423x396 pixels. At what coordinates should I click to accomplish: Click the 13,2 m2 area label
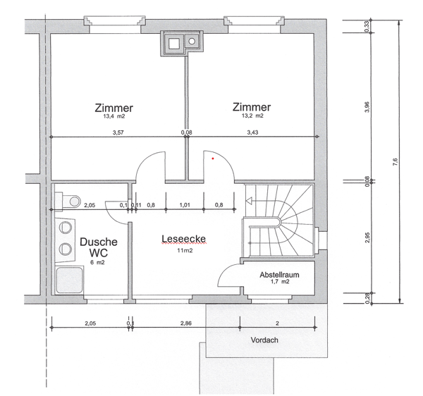coord(252,116)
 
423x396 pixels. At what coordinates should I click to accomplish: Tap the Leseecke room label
coord(183,240)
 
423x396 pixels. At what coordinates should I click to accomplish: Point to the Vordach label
coord(264,340)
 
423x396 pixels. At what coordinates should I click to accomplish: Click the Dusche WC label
coord(98,247)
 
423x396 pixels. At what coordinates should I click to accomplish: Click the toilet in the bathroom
coord(69,202)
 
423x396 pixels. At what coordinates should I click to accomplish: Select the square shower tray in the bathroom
coord(70,280)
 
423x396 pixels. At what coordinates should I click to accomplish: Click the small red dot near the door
coord(212,159)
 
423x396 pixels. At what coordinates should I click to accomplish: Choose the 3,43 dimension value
coord(252,132)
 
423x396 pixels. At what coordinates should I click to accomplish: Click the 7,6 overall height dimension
coord(396,161)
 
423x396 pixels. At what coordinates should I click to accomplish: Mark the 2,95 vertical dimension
coord(367,237)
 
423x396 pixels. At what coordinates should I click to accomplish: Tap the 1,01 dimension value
coord(185,206)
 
